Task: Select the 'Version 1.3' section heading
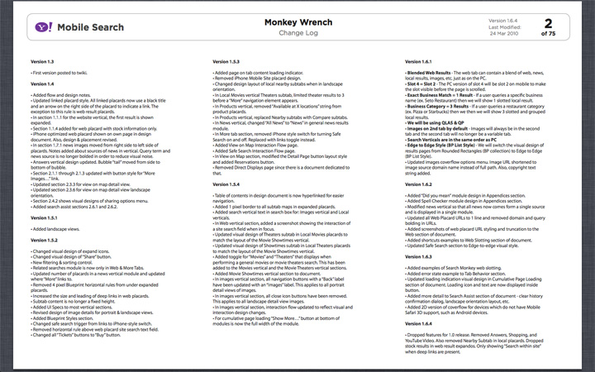point(42,62)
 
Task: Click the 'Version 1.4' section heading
point(42,84)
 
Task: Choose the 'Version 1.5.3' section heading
point(229,62)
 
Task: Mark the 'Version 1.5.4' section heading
point(229,184)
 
